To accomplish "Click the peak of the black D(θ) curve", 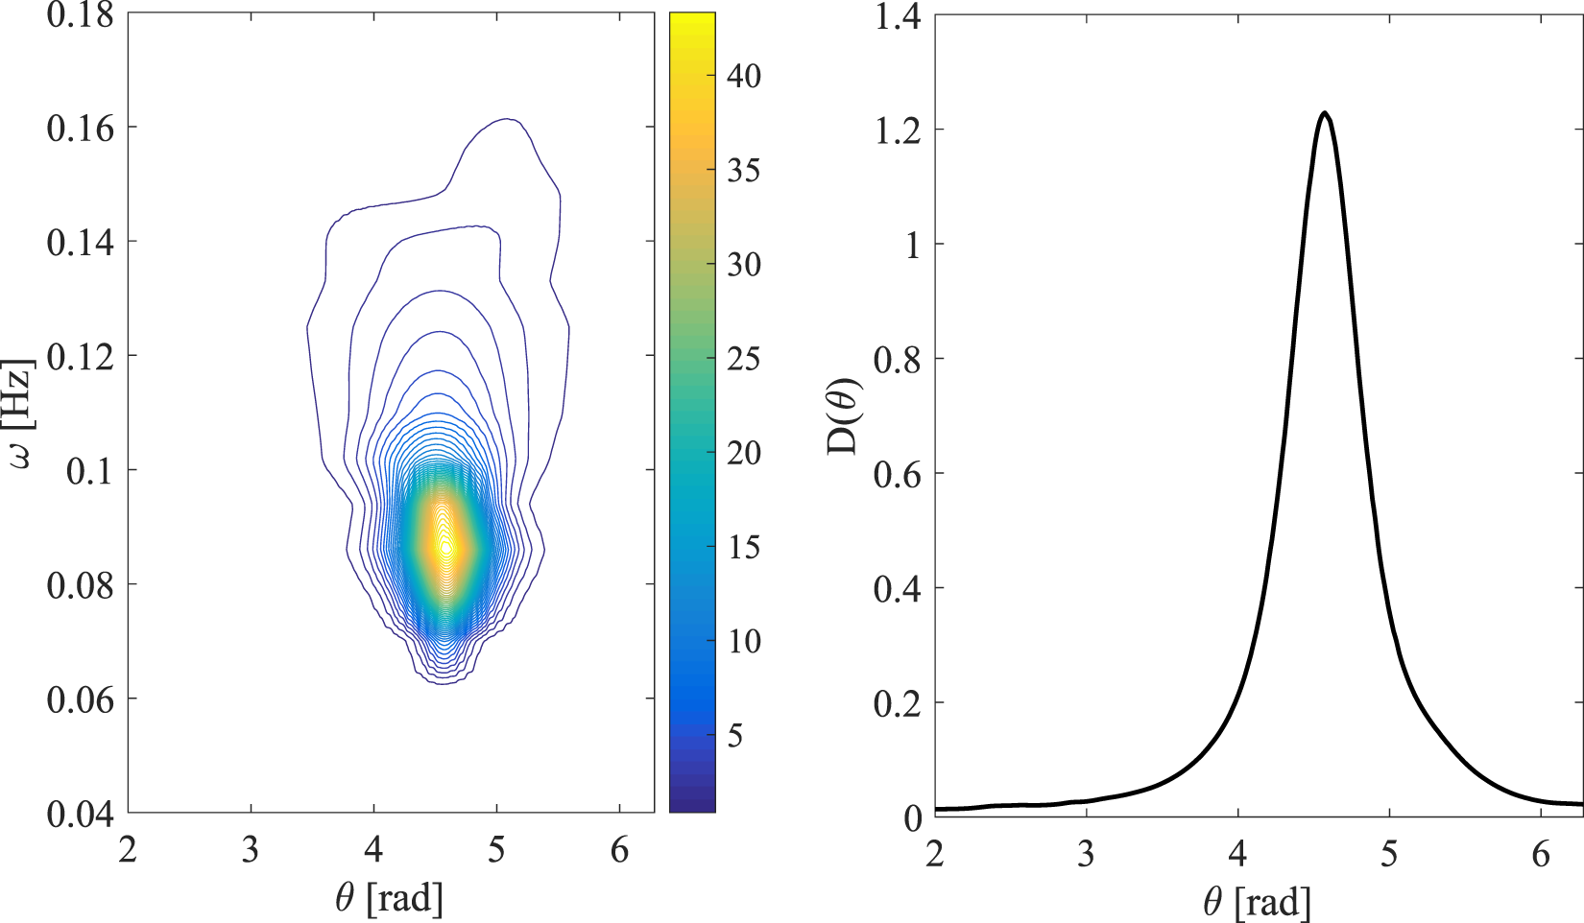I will coord(1325,113).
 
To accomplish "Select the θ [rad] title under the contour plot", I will coord(390,898).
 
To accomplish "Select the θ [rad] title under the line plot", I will coord(1257,902).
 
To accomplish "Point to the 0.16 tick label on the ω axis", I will coord(81,128).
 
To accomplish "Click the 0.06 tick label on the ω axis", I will coord(81,699).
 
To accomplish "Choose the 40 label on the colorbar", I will coord(744,76).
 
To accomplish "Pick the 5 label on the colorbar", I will coord(735,736).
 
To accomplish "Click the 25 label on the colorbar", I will coord(744,359).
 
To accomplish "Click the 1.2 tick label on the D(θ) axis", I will coord(898,130).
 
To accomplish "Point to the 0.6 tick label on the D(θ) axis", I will coord(898,473).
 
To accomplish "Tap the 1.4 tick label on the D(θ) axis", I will coord(898,15).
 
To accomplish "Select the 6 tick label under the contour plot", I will coord(619,849).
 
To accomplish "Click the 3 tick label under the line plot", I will coord(1086,853).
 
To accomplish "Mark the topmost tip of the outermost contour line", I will coord(507,119).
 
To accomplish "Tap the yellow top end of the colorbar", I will coord(692,19).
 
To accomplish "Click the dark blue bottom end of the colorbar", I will coord(692,806).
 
